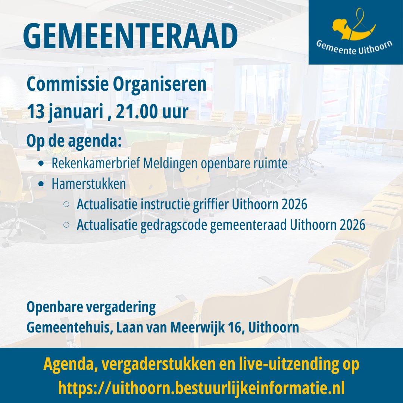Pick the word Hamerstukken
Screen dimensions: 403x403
point(88,184)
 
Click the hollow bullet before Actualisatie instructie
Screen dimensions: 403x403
point(66,204)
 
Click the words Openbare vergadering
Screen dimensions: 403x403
point(91,307)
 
